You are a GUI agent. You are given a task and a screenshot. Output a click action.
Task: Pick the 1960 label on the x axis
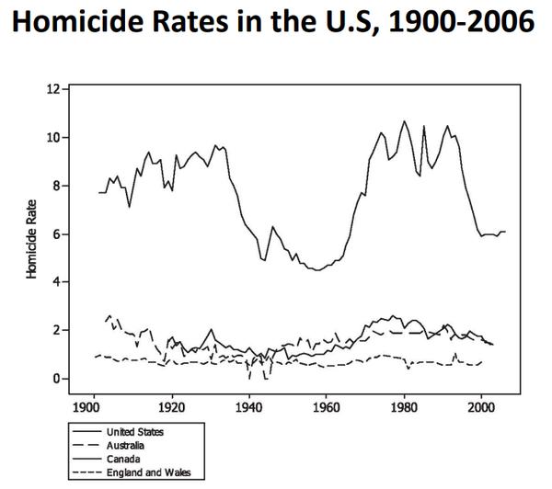pos(326,405)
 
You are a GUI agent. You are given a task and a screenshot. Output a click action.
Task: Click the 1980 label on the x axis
pos(404,405)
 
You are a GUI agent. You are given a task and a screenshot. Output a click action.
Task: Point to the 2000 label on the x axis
pos(481,405)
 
